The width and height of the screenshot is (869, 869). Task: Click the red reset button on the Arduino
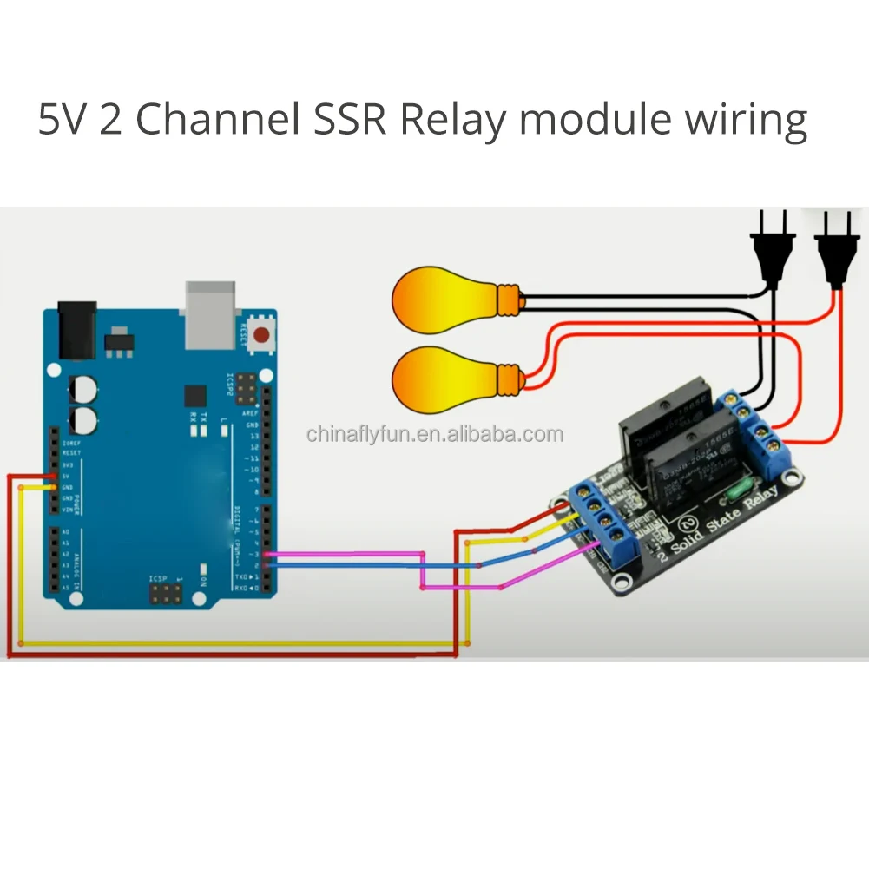click(x=264, y=332)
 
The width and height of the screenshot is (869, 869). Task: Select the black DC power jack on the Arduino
click(x=76, y=330)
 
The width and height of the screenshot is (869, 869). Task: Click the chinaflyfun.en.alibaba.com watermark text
click(x=434, y=434)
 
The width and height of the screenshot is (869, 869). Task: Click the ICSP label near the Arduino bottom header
click(x=158, y=577)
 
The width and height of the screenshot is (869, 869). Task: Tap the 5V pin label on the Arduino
click(x=66, y=476)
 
